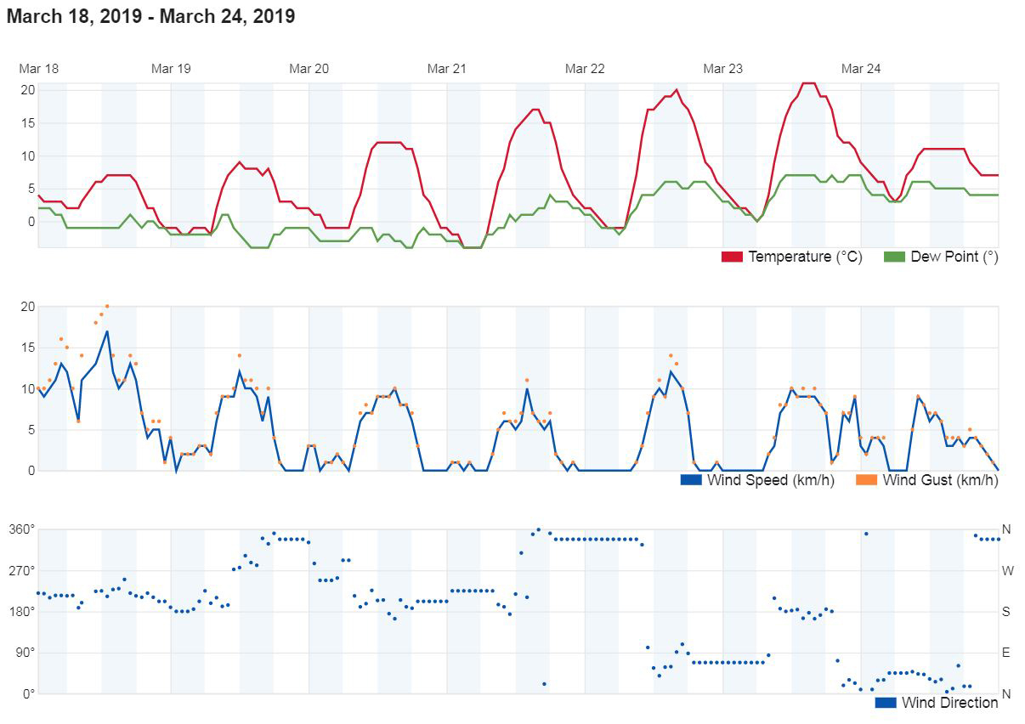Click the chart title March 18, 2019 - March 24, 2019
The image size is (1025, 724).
[x=151, y=16]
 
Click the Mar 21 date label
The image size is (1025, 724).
[x=446, y=69]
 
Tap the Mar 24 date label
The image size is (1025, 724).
[x=860, y=69]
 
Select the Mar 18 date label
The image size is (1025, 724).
[x=38, y=69]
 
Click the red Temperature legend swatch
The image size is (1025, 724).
[x=732, y=257]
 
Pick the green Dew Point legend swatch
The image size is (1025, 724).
[x=894, y=257]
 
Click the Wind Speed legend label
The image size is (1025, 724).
[x=770, y=480]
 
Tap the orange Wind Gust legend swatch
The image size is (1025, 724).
[x=866, y=480]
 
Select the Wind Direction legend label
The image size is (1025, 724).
[x=949, y=703]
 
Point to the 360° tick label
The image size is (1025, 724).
[x=22, y=529]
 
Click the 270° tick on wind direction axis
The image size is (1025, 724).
[x=22, y=570]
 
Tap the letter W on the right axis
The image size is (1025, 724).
[x=1007, y=570]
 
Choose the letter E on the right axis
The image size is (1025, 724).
[x=1007, y=653]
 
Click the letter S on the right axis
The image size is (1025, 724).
[x=1007, y=612]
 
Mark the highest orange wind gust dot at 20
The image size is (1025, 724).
[x=107, y=306]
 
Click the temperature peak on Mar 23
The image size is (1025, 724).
[x=808, y=83]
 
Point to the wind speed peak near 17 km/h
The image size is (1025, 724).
[x=107, y=331]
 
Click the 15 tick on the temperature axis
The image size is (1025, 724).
[x=28, y=122]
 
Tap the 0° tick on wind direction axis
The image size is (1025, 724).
[x=28, y=694]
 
